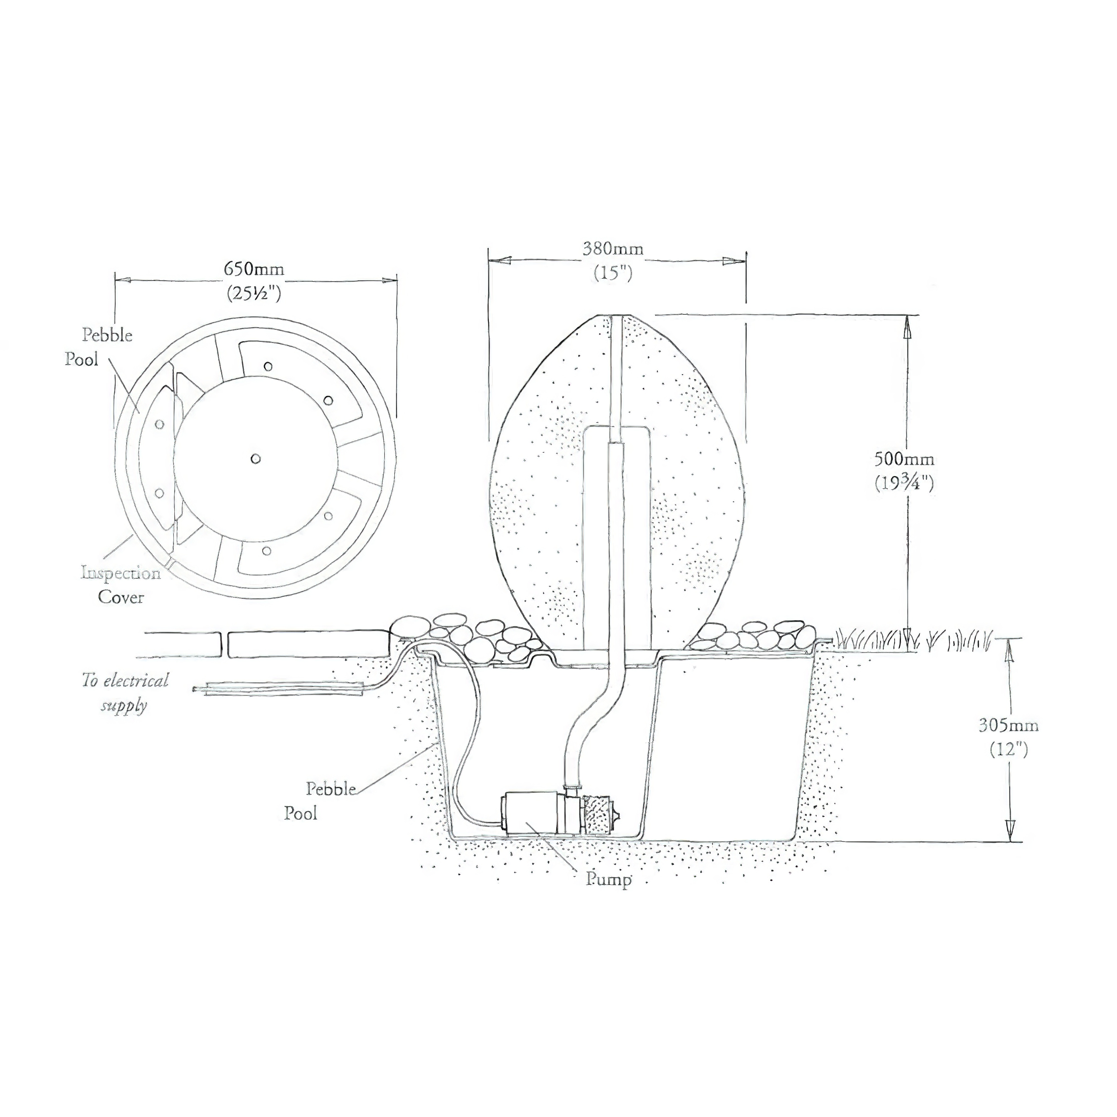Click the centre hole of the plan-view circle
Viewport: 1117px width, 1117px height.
point(256,459)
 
